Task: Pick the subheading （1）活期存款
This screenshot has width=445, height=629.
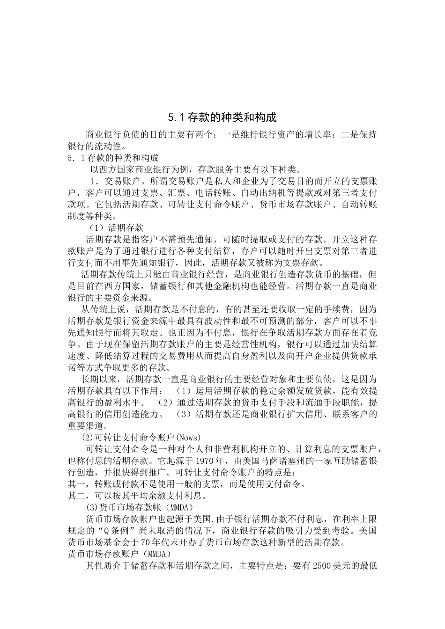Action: point(117,228)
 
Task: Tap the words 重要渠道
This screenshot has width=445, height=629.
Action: point(85,426)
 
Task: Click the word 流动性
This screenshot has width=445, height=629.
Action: point(112,146)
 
